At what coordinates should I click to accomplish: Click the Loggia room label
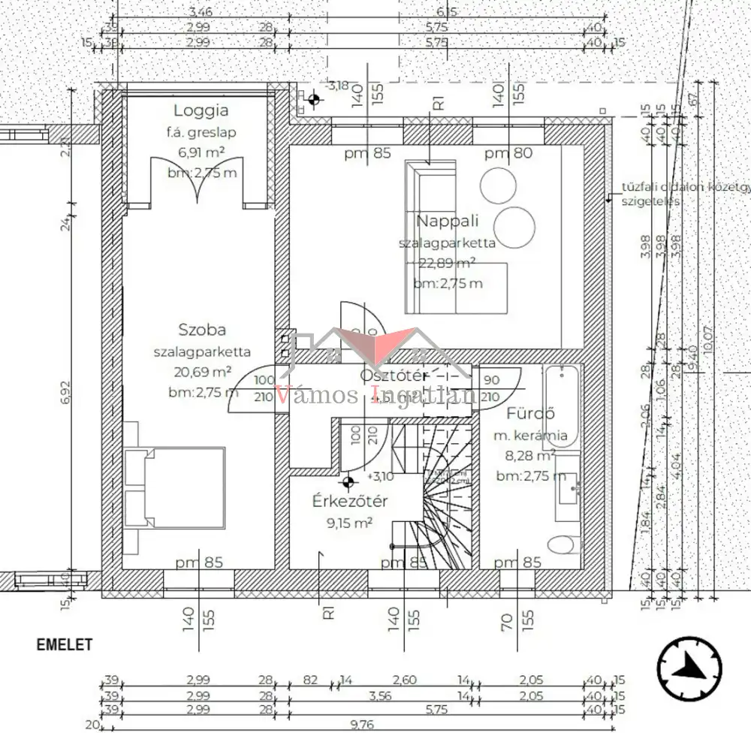click(x=201, y=110)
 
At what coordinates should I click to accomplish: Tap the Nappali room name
click(x=448, y=222)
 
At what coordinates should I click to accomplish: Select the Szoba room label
click(x=202, y=329)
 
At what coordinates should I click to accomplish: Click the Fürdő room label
click(x=530, y=413)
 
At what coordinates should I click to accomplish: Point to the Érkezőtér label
click(x=350, y=502)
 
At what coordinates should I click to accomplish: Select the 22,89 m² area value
click(x=448, y=264)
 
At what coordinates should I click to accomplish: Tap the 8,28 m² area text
click(x=525, y=456)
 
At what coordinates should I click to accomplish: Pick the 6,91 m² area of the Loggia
click(x=201, y=152)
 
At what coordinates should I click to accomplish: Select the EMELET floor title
click(x=65, y=644)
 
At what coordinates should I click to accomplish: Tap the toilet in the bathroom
click(x=563, y=545)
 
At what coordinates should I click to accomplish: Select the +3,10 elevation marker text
click(x=381, y=476)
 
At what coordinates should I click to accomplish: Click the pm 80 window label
click(x=508, y=154)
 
